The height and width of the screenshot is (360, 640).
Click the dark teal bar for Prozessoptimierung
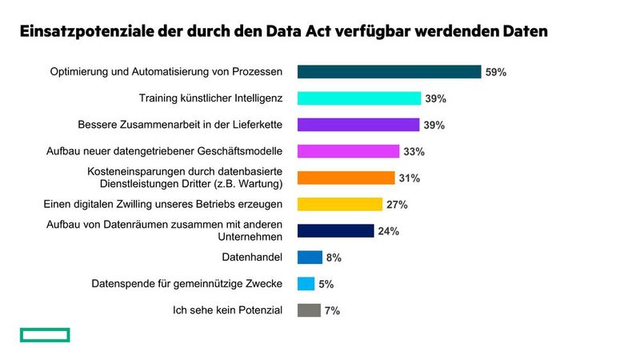pyautogui.click(x=389, y=72)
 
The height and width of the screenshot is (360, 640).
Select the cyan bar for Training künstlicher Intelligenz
pyautogui.click(x=359, y=98)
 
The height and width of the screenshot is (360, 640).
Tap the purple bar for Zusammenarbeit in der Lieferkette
pyautogui.click(x=358, y=125)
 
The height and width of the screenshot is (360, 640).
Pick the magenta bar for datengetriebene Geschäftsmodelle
pyautogui.click(x=348, y=151)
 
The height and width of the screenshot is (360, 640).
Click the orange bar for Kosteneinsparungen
pyautogui.click(x=346, y=178)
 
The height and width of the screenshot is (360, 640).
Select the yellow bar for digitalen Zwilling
pyautogui.click(x=340, y=204)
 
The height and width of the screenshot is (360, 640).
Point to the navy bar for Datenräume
pyautogui.click(x=335, y=230)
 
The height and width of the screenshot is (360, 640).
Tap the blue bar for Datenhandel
pyautogui.click(x=310, y=257)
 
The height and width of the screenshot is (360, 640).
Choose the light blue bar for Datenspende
pyautogui.click(x=306, y=284)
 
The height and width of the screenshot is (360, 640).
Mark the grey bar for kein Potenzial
pyautogui.click(x=309, y=310)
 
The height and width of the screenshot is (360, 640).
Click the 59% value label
pyautogui.click(x=495, y=72)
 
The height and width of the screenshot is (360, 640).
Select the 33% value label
pyautogui.click(x=414, y=151)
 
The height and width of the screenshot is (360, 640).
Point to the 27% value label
pyautogui.click(x=397, y=204)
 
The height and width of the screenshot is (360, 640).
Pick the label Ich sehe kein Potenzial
pyautogui.click(x=228, y=310)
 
